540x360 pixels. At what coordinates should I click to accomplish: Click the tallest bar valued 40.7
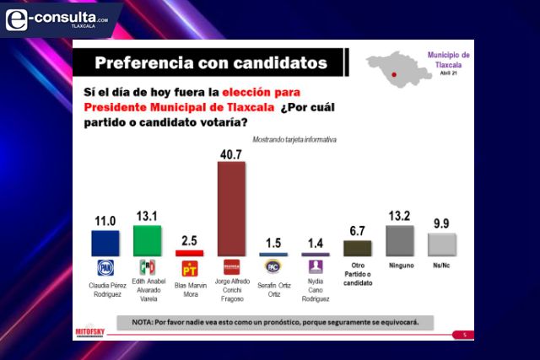coord(231,208)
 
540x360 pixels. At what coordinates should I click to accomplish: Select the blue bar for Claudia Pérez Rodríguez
coord(105,243)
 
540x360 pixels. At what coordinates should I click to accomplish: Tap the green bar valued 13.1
coord(147,240)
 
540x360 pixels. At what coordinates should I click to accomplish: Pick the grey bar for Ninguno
coord(399,241)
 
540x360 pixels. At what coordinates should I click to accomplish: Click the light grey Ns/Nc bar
coord(442,244)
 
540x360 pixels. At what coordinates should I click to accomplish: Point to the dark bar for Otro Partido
coord(357,248)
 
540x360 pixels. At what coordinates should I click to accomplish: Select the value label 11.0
coord(105,220)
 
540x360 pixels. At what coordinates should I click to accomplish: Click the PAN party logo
coord(105,266)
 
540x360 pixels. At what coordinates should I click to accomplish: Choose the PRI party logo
coord(147,266)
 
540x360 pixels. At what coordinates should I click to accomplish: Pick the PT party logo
coord(189,267)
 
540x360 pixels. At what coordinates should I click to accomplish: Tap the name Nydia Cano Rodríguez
coord(315,288)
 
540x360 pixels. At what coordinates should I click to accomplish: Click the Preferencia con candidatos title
coord(210,62)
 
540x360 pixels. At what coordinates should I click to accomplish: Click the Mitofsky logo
coord(90,330)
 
